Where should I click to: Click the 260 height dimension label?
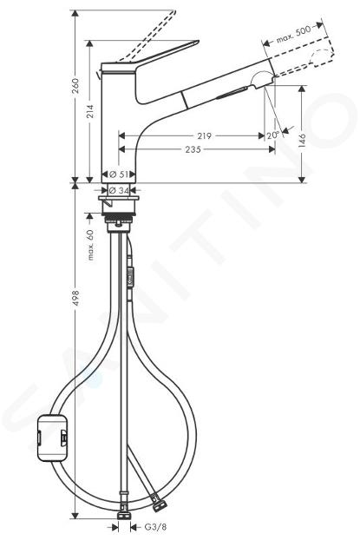75,86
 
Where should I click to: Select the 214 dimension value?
90,111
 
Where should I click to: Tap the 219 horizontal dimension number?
204,135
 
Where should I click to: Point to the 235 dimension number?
193,149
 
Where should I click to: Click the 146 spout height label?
302,140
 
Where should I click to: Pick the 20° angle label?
273,135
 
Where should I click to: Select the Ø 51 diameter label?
119,174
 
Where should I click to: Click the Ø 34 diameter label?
119,190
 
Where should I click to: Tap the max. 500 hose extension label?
293,35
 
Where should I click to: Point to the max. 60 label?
90,245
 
